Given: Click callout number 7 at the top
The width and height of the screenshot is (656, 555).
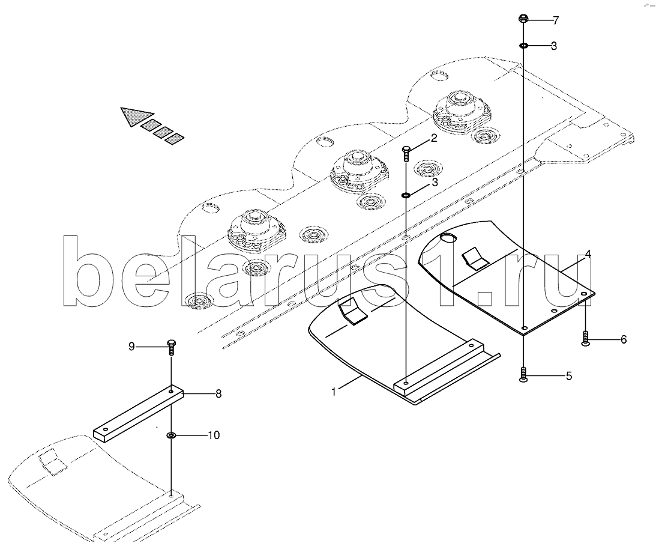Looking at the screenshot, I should click(x=555, y=21).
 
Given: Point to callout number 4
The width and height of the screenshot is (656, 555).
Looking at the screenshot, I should click(x=588, y=255).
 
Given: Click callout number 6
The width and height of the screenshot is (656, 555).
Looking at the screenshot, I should click(x=623, y=340).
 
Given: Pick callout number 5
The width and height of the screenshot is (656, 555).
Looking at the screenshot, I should click(x=568, y=377).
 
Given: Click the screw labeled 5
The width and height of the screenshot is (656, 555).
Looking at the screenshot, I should click(x=524, y=375).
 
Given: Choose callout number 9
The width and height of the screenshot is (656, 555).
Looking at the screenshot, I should click(x=132, y=346).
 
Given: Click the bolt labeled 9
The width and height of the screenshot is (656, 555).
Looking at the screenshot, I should click(x=171, y=347).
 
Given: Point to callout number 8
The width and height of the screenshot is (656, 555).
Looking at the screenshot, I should click(x=218, y=394).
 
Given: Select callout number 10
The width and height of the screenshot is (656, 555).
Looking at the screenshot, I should click(x=214, y=435).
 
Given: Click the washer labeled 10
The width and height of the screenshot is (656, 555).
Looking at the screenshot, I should click(x=171, y=435).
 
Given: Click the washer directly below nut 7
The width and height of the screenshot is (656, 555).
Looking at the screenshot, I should click(x=524, y=46).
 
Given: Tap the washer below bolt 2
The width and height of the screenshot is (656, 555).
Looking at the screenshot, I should click(x=406, y=195).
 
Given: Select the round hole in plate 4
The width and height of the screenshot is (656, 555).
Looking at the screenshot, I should click(x=448, y=239).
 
